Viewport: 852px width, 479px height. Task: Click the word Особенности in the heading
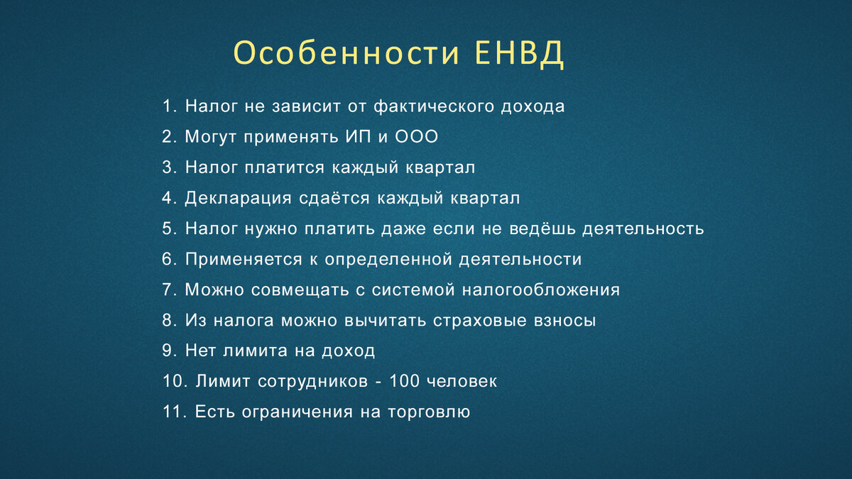[x=346, y=54]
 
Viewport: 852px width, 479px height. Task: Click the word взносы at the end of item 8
[x=564, y=321]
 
